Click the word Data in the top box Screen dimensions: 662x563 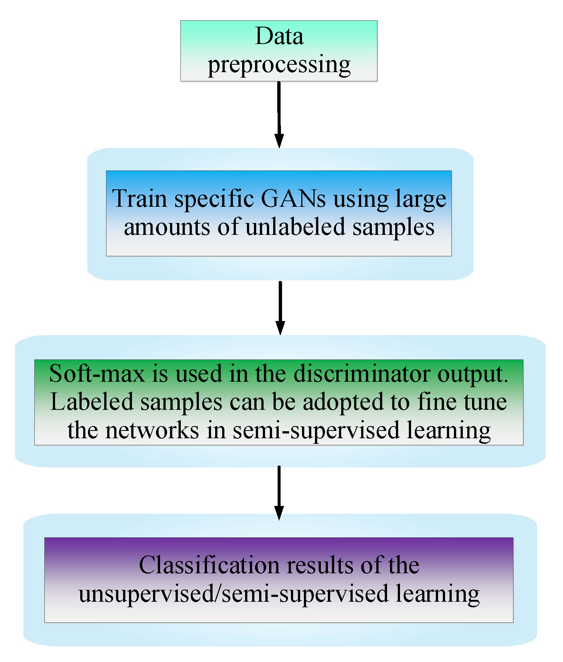click(x=279, y=36)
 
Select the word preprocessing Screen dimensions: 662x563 click(x=279, y=65)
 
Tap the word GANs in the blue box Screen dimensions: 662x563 click(x=293, y=199)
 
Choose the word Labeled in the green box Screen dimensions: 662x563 click(x=91, y=402)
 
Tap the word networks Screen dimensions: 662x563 click(x=152, y=430)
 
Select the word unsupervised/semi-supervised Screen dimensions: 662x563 click(x=233, y=594)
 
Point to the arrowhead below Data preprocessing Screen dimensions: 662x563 click(x=279, y=141)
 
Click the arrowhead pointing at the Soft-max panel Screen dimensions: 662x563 click(x=280, y=328)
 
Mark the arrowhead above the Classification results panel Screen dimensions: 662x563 click(x=279, y=513)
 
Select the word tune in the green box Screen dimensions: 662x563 click(x=485, y=402)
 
